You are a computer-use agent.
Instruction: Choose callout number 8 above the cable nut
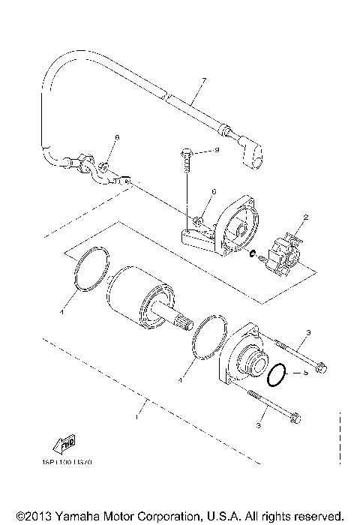pos(117,139)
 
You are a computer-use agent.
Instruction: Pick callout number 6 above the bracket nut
pos(213,192)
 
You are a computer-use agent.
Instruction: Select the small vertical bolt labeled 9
pos(184,157)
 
